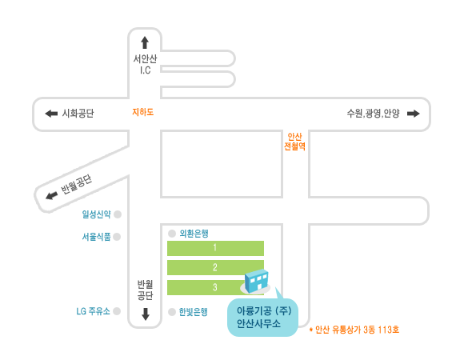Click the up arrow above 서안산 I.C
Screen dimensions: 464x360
click(145, 42)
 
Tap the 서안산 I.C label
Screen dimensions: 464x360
click(145, 64)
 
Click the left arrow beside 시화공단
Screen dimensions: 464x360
click(51, 114)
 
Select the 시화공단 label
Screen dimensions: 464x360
click(78, 114)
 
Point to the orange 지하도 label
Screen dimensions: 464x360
click(143, 112)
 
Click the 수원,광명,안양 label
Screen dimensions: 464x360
click(373, 114)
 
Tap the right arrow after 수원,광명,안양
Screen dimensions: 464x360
click(414, 114)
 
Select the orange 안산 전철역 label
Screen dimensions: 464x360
click(294, 142)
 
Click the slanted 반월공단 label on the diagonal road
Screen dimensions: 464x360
click(76, 185)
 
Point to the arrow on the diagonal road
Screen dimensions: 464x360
click(52, 195)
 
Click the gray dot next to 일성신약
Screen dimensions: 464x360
click(118, 214)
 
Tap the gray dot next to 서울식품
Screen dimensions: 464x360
click(117, 237)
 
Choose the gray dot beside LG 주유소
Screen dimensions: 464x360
click(117, 311)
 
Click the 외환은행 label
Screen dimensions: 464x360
click(194, 234)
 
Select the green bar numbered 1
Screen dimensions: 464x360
click(215, 248)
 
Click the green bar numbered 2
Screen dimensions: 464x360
click(215, 267)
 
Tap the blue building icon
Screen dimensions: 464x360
click(256, 281)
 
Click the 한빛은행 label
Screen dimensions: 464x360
click(194, 312)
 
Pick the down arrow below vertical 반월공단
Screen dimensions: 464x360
click(146, 314)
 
